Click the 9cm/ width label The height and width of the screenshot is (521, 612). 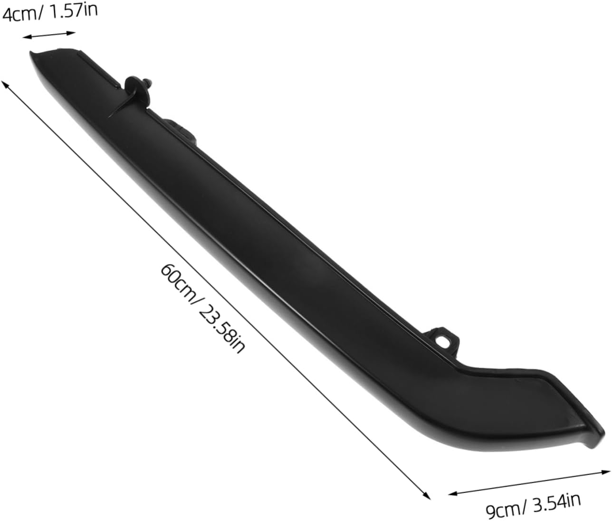click(x=504, y=508)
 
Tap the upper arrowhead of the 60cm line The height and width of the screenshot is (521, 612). click(x=5, y=84)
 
